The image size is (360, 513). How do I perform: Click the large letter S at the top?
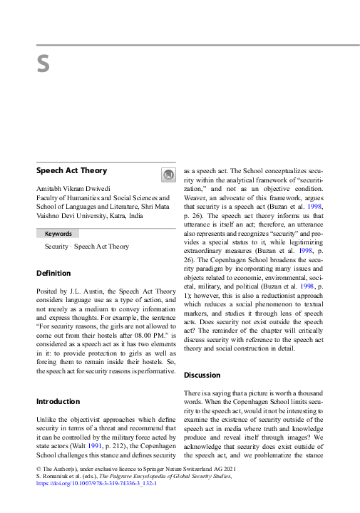click(x=43, y=64)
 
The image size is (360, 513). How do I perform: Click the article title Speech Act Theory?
click(x=71, y=171)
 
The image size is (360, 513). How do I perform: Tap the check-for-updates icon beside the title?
click(x=168, y=175)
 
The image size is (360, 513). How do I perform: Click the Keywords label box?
click(x=58, y=234)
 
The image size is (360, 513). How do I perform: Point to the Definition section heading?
click(x=53, y=273)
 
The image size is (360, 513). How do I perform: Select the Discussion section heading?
click(x=202, y=375)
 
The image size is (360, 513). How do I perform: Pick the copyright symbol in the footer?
click(x=38, y=469)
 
